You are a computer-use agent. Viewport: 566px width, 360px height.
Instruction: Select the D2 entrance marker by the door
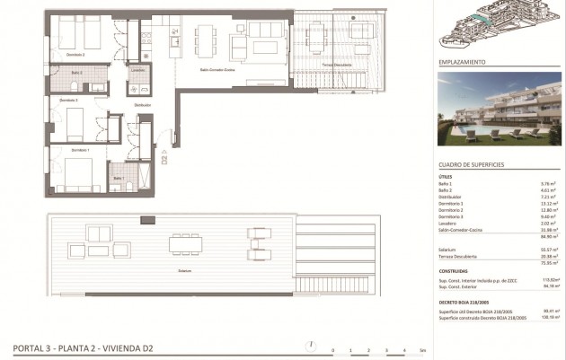[x=164, y=162]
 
